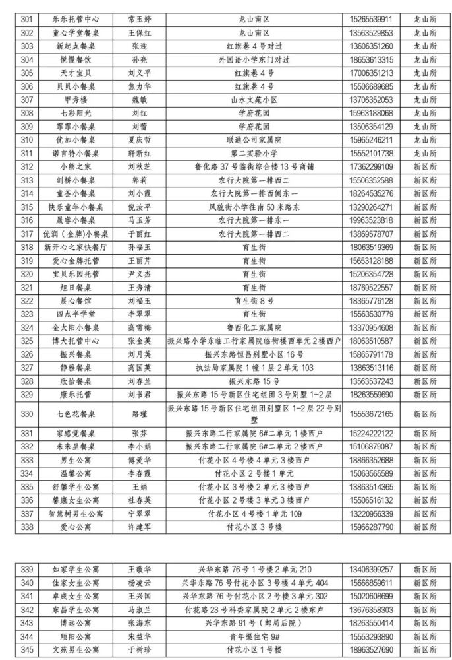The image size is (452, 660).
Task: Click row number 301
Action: tap(27, 19)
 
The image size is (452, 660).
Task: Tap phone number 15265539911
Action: tap(371, 19)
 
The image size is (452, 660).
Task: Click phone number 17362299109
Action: tap(371, 166)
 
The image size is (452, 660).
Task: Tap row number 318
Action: tap(27, 247)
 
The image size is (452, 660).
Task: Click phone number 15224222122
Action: tap(371, 433)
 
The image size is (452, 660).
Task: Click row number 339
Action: tap(27, 569)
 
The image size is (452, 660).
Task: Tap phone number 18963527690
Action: tap(371, 650)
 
